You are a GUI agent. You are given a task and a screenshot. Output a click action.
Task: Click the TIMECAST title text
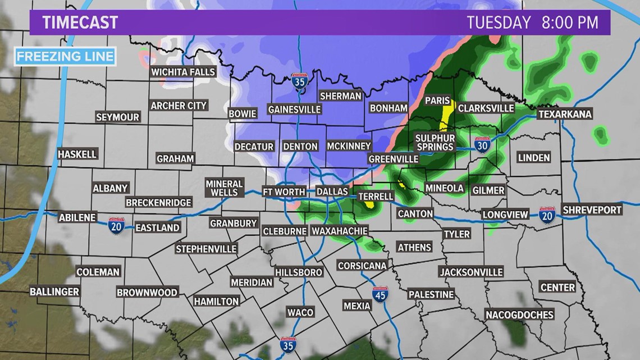pos(80,22)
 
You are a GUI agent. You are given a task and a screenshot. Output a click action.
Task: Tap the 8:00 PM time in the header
pos(568,22)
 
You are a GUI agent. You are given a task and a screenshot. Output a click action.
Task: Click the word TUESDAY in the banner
pos(499,22)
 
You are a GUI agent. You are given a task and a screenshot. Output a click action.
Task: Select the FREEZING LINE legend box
pos(65,56)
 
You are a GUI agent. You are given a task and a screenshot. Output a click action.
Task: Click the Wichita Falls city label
pos(183,72)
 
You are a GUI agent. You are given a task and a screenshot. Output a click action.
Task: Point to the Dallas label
pos(332,192)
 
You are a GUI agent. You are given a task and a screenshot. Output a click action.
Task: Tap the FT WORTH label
pos(284,192)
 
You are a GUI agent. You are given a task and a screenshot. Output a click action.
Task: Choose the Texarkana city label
pos(565,114)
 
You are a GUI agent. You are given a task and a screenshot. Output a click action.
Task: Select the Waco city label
pos(300,312)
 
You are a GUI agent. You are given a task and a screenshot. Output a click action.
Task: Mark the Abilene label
pos(78,217)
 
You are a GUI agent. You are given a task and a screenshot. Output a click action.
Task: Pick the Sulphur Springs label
pos(435,142)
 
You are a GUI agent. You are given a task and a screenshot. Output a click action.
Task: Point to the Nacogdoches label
pos(519,315)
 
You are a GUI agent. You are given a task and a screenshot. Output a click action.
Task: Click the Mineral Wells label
pos(224,188)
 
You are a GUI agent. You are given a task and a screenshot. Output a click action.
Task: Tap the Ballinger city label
pos(54,291)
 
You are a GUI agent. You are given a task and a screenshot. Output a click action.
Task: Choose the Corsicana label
pos(362,266)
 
